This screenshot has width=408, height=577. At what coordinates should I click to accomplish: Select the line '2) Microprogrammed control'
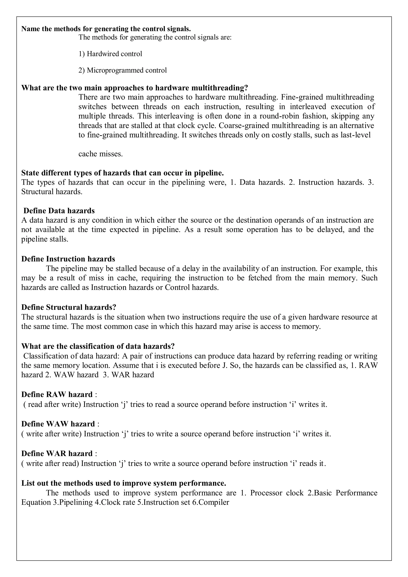click(x=122, y=70)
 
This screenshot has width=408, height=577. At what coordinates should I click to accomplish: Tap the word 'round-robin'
click(x=279, y=116)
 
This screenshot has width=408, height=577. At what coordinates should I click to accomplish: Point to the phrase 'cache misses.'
click(x=100, y=154)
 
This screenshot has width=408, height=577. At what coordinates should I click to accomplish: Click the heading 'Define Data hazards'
click(x=59, y=211)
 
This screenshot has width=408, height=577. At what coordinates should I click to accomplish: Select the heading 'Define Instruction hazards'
click(x=68, y=259)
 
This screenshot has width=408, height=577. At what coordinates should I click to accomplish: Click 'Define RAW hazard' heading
click(x=57, y=394)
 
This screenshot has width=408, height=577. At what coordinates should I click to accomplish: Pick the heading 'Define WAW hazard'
click(x=58, y=424)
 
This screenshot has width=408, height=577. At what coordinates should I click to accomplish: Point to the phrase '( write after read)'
click(x=50, y=463)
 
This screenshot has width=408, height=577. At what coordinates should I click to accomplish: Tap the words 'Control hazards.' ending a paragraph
click(x=192, y=287)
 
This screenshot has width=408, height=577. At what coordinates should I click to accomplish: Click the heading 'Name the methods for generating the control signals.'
click(x=106, y=29)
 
